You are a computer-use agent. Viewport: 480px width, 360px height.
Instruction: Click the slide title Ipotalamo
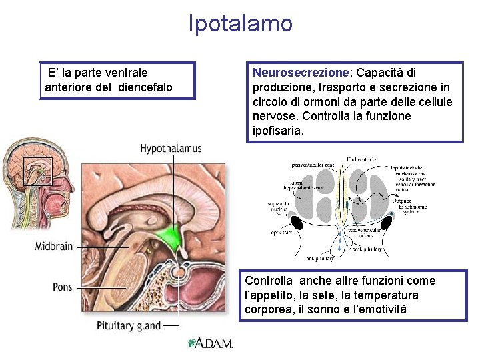pyautogui.click(x=241, y=24)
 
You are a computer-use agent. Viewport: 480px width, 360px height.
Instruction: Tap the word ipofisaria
pyautogui.click(x=278, y=131)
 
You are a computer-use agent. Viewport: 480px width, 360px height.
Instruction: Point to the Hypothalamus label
pyautogui.click(x=171, y=148)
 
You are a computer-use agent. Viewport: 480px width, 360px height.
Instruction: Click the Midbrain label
pyautogui.click(x=54, y=247)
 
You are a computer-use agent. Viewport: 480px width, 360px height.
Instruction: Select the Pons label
pyautogui.click(x=63, y=287)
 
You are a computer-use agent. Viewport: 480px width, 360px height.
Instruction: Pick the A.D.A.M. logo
pyautogui.click(x=211, y=344)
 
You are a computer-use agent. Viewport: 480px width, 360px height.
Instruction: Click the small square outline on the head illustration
pyautogui.click(x=37, y=171)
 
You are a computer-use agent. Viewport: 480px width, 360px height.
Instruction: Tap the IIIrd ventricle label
pyautogui.click(x=361, y=159)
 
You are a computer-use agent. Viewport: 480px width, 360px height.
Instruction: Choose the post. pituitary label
pyautogui.click(x=367, y=249)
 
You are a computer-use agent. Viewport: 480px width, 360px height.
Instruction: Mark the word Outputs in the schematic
pyautogui.click(x=402, y=200)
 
